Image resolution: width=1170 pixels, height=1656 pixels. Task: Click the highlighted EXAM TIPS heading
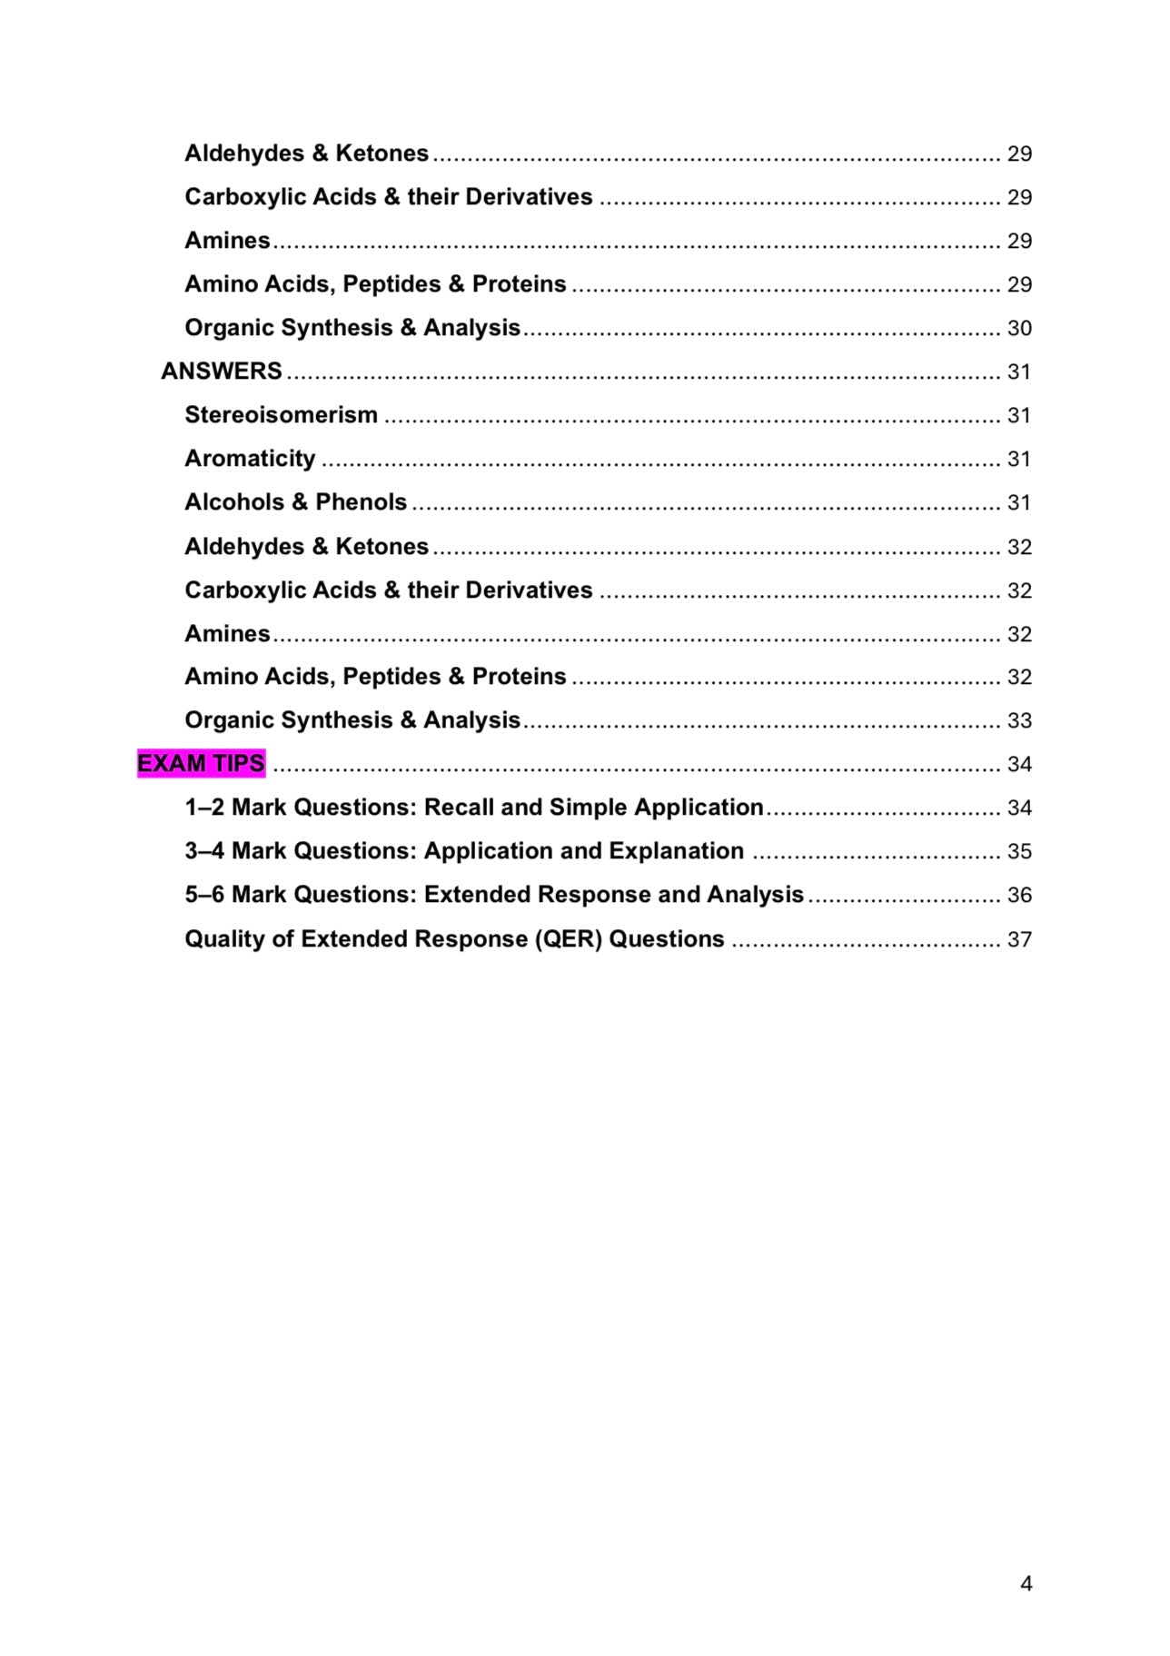point(201,763)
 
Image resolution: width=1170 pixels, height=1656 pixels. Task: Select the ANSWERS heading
point(222,371)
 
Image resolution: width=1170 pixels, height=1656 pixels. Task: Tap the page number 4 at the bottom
point(1026,1583)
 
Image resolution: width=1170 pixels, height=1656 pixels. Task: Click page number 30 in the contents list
point(1019,328)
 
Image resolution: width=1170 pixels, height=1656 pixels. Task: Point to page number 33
point(1019,720)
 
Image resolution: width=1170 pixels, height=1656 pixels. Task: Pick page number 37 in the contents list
point(1019,939)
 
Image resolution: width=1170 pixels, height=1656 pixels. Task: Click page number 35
point(1019,851)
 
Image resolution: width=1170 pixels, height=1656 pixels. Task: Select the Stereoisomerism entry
point(281,414)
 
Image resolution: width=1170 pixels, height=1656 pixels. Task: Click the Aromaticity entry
point(250,458)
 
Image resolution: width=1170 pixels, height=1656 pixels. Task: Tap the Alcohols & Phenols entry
point(295,501)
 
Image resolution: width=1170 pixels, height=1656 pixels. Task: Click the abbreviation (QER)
point(568,938)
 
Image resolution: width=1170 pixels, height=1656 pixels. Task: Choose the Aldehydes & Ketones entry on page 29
point(306,153)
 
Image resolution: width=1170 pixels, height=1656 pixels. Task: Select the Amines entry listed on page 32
point(227,633)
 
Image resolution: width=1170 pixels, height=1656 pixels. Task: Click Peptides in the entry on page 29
point(392,283)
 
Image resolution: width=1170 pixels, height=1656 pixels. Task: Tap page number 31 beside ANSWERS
point(1019,372)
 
